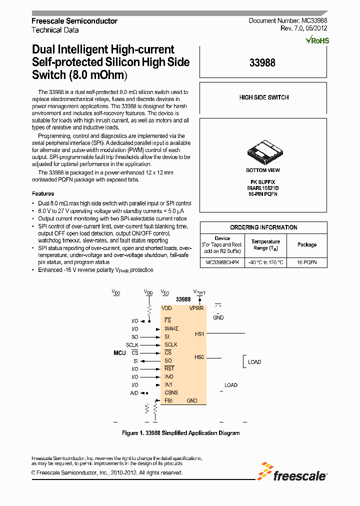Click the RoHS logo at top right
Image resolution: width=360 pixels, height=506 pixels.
(317, 40)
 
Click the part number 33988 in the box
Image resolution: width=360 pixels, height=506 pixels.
(262, 63)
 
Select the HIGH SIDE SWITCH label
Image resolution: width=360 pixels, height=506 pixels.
(263, 97)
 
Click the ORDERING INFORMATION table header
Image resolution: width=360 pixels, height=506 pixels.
(263, 227)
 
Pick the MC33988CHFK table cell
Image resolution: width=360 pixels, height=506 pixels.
(222, 262)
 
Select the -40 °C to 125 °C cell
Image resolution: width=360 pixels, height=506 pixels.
(265, 262)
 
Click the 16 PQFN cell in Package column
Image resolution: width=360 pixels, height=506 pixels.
(306, 262)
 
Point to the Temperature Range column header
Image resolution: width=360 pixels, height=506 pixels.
(265, 244)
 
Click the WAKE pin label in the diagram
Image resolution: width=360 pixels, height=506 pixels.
(171, 328)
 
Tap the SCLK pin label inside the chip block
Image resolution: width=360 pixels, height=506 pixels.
(171, 344)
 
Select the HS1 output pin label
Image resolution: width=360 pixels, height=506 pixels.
(199, 333)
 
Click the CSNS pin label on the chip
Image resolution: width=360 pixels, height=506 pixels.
(171, 392)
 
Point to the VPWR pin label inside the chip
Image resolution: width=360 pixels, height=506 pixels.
(196, 308)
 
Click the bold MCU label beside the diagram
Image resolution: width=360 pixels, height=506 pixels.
(119, 353)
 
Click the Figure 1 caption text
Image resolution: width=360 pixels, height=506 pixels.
(180, 433)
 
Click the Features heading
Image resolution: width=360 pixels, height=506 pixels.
(43, 193)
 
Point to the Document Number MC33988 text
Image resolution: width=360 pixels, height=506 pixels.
(288, 21)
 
